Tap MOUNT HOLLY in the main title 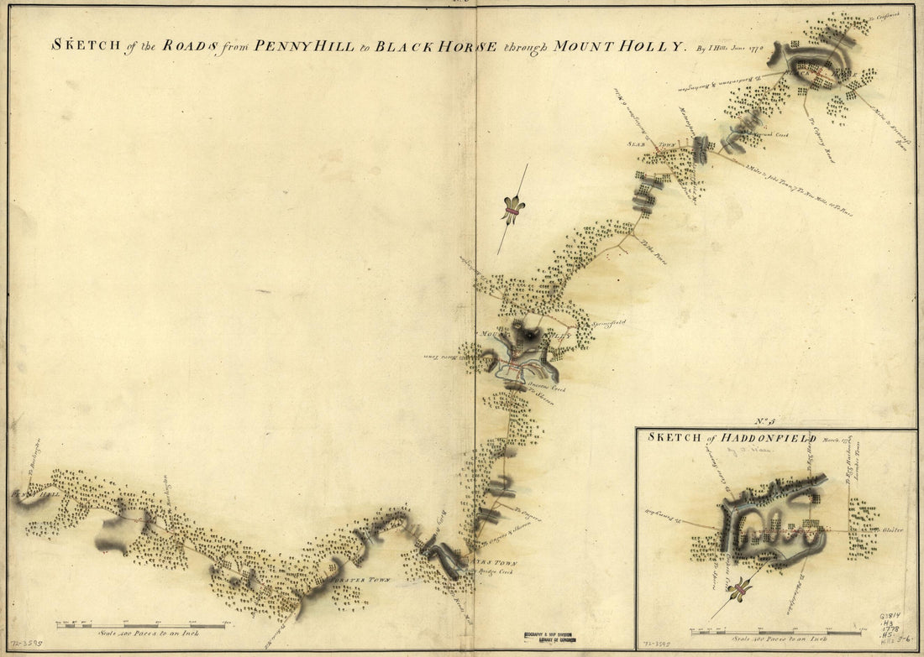click(x=622, y=46)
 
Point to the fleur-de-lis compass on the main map click(x=512, y=209)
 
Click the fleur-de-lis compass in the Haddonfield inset click(x=738, y=592)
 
